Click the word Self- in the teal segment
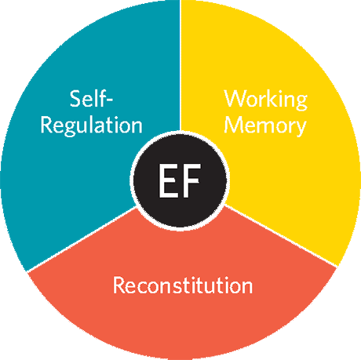pos(91,98)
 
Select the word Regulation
pos(91,126)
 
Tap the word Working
pos(266,100)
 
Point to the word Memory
pos(265,126)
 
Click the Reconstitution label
pos(183,285)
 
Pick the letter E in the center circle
pos(168,180)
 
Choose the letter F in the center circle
pos(192,180)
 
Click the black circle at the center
pos(180,181)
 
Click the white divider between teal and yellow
pos(180,65)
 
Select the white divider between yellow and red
pos(281,236)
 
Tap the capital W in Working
pos(235,98)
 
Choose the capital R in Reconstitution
pos(119,285)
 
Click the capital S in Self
pos(75,99)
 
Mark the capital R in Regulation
pos(46,125)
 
